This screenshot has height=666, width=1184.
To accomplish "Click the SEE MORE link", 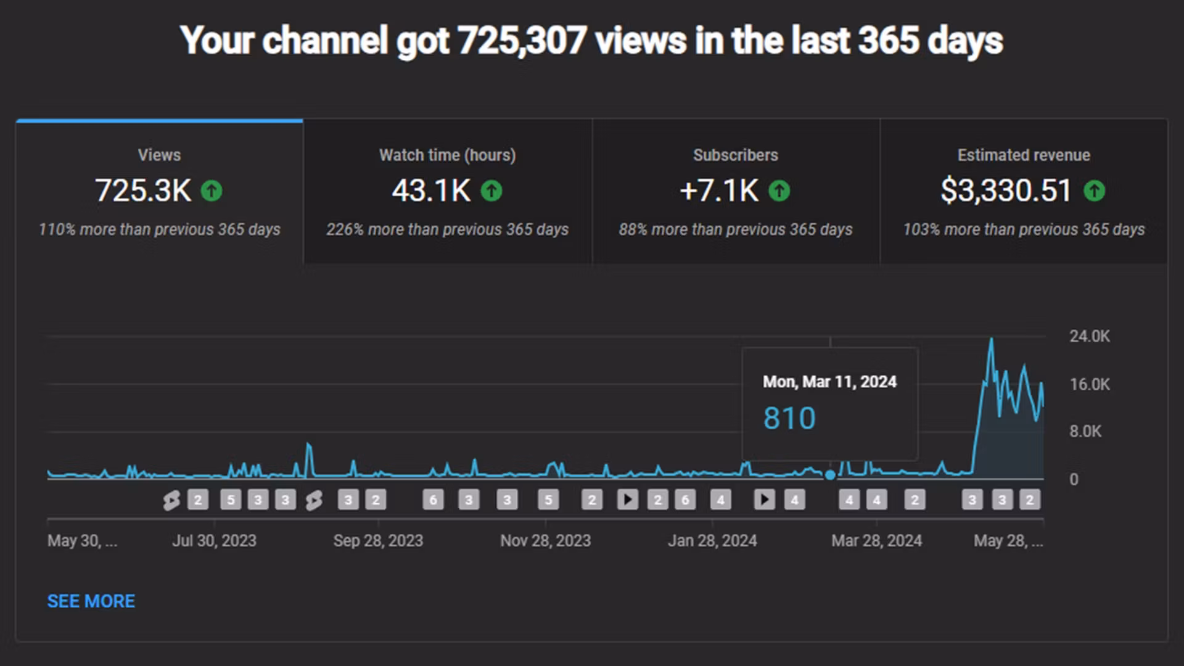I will (91, 601).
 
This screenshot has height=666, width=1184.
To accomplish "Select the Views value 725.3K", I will (143, 191).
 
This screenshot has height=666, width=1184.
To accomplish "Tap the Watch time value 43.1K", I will (431, 191).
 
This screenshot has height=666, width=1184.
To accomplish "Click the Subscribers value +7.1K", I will (719, 191).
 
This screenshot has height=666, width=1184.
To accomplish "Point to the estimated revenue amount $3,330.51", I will (1006, 191).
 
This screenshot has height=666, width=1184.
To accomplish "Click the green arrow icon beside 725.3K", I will (212, 191).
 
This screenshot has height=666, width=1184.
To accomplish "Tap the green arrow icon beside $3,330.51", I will (1095, 191).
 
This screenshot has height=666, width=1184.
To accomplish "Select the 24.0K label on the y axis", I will (1089, 336).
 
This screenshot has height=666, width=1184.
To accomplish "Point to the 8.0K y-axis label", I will (1085, 432).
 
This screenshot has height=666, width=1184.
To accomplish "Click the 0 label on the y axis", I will (1074, 480).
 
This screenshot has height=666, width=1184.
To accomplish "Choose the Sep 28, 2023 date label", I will (378, 541).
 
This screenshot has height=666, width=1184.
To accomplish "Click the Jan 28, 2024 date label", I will (712, 541).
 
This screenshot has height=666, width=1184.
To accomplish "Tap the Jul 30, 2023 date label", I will (214, 541).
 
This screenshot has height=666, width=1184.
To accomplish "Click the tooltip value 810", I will (789, 419).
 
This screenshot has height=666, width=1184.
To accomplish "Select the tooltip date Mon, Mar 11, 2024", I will (829, 382).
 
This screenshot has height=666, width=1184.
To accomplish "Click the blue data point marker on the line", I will (830, 475).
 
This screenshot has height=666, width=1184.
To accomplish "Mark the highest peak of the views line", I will (992, 339).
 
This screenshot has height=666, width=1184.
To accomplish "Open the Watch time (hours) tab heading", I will (447, 155).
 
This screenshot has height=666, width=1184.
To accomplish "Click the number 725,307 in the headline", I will (522, 41).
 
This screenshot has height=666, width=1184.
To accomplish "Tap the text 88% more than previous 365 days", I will (736, 230).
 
